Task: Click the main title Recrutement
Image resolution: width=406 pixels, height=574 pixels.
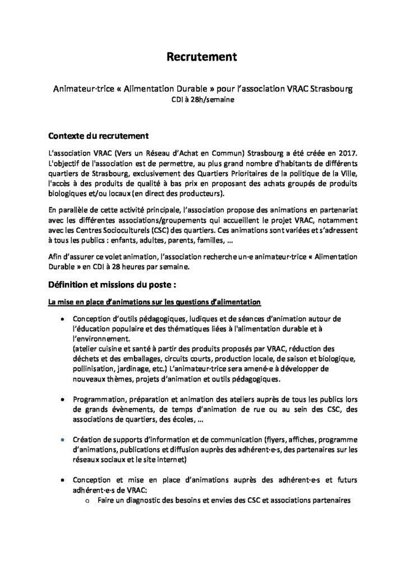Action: (202, 57)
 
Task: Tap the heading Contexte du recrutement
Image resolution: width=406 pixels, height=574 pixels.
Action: (98, 136)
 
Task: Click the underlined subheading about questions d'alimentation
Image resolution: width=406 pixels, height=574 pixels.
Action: (154, 303)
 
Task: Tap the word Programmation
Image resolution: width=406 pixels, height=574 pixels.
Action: (96, 399)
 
